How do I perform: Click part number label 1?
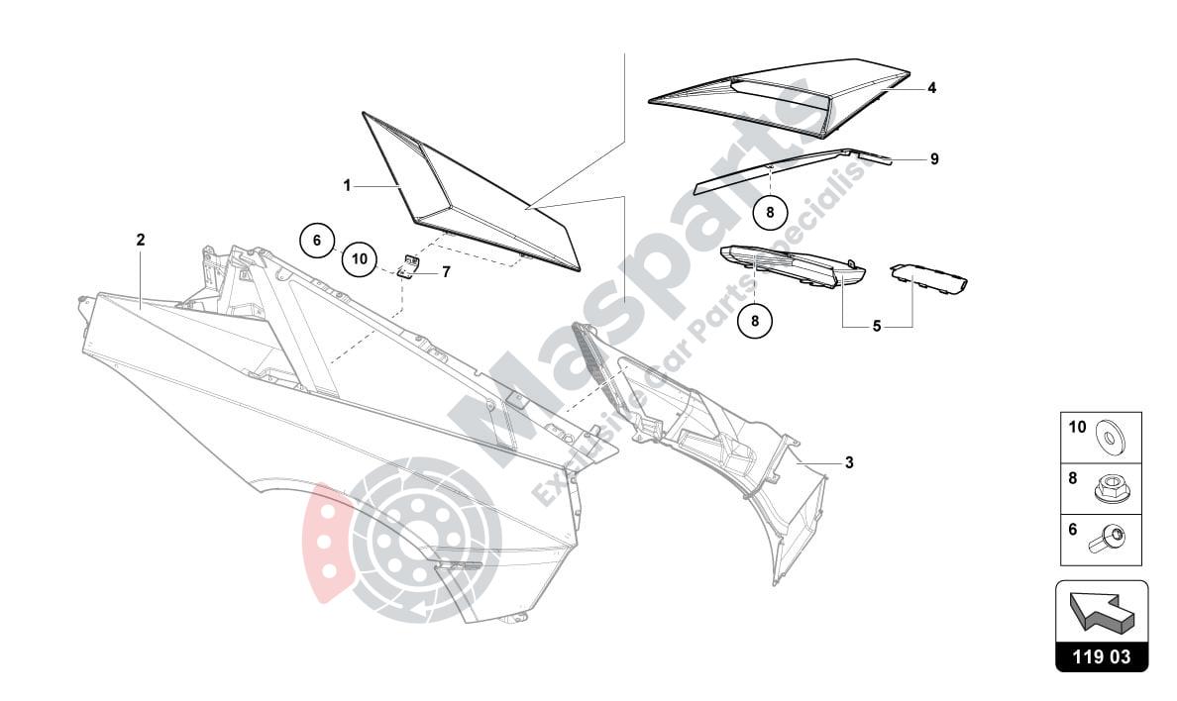pos(348,185)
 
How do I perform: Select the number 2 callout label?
pos(141,240)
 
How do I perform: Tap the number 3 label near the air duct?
pos(849,462)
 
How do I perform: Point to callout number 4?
pos(932,88)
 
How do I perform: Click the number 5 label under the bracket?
pos(877,326)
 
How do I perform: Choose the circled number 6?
pos(318,241)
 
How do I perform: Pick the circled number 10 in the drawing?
pos(359,259)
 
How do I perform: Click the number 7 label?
pos(446,271)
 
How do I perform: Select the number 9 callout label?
pos(934,158)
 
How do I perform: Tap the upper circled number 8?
pos(770,211)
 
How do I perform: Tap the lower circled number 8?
pos(754,320)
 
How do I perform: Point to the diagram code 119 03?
pos(1102,655)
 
